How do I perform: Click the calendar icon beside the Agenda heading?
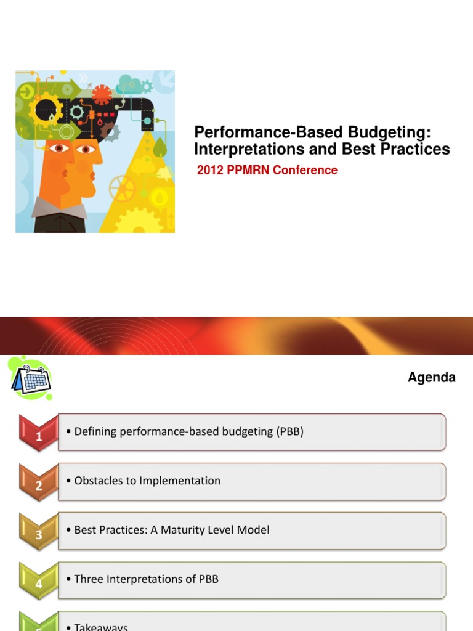(x=31, y=377)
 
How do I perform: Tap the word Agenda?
(x=431, y=377)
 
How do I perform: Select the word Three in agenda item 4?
(x=88, y=579)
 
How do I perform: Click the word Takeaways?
(x=101, y=627)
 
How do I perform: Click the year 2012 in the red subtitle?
(x=209, y=170)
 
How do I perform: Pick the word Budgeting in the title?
(x=392, y=132)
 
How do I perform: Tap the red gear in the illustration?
(x=102, y=94)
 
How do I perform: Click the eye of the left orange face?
(x=58, y=148)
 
